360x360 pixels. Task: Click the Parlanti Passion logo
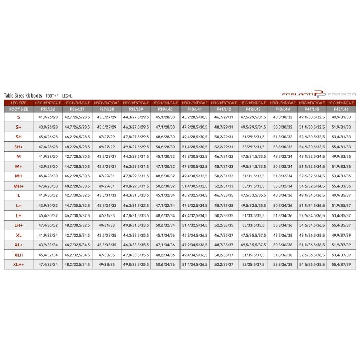[319, 94]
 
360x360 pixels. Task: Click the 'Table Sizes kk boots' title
[23, 96]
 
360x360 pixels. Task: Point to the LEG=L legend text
[68, 96]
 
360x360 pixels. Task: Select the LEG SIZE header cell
[19, 103]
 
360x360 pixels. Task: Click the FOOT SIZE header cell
[19, 109]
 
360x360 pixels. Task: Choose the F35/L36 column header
[48, 109]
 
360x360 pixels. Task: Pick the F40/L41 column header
[195, 109]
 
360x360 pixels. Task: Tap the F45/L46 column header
[341, 109]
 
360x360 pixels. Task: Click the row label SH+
[19, 146]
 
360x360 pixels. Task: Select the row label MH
[19, 175]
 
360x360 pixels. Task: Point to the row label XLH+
[19, 264]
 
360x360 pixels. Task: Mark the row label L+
[19, 205]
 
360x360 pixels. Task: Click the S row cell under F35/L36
[48, 117]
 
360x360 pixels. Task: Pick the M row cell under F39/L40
[166, 156]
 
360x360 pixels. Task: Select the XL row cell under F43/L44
[283, 235]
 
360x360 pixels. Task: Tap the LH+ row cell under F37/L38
[107, 225]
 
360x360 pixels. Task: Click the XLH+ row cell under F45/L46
[341, 264]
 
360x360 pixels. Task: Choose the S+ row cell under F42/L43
[254, 127]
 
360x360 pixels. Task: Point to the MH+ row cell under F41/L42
[224, 186]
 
